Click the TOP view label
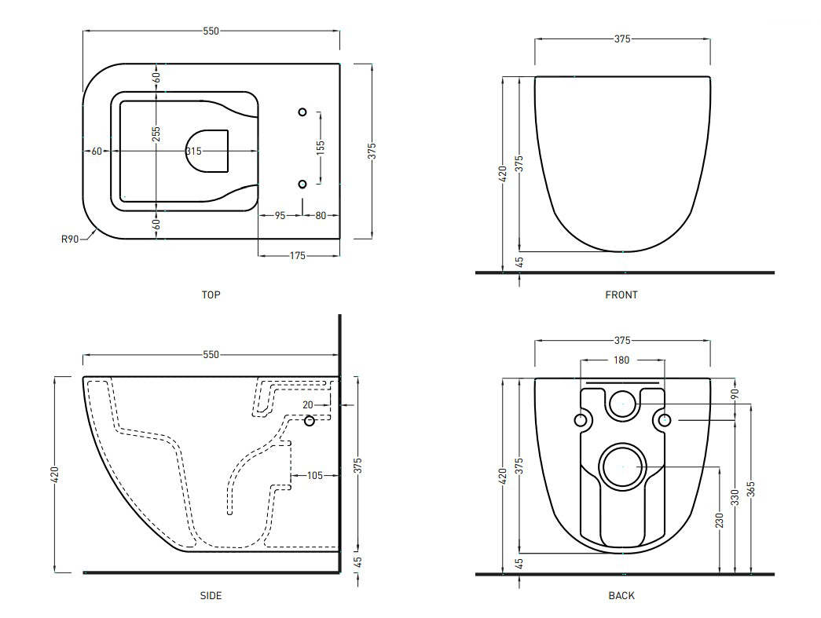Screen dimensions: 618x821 pyautogui.click(x=211, y=295)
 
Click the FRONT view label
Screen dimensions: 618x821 pyautogui.click(x=621, y=295)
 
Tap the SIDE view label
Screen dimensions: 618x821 pyautogui.click(x=211, y=596)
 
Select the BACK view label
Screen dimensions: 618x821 pyautogui.click(x=621, y=596)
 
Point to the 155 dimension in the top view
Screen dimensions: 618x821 pyautogui.click(x=321, y=148)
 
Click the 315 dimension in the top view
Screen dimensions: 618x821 pyautogui.click(x=194, y=151)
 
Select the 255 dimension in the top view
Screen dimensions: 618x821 pyautogui.click(x=157, y=134)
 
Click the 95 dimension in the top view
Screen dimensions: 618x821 pyautogui.click(x=280, y=215)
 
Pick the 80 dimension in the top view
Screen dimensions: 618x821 pyautogui.click(x=321, y=215)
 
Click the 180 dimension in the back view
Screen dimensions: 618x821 pyautogui.click(x=621, y=360)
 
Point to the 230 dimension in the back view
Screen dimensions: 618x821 pyautogui.click(x=719, y=521)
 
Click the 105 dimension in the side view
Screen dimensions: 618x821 pyautogui.click(x=315, y=475)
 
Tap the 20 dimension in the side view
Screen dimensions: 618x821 pyautogui.click(x=308, y=405)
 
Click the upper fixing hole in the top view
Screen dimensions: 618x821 pyautogui.click(x=303, y=112)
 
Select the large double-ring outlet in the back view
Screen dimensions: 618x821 pyautogui.click(x=622, y=466)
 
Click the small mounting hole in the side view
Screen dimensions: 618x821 pyautogui.click(x=310, y=421)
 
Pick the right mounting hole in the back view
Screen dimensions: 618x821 pyautogui.click(x=664, y=421)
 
